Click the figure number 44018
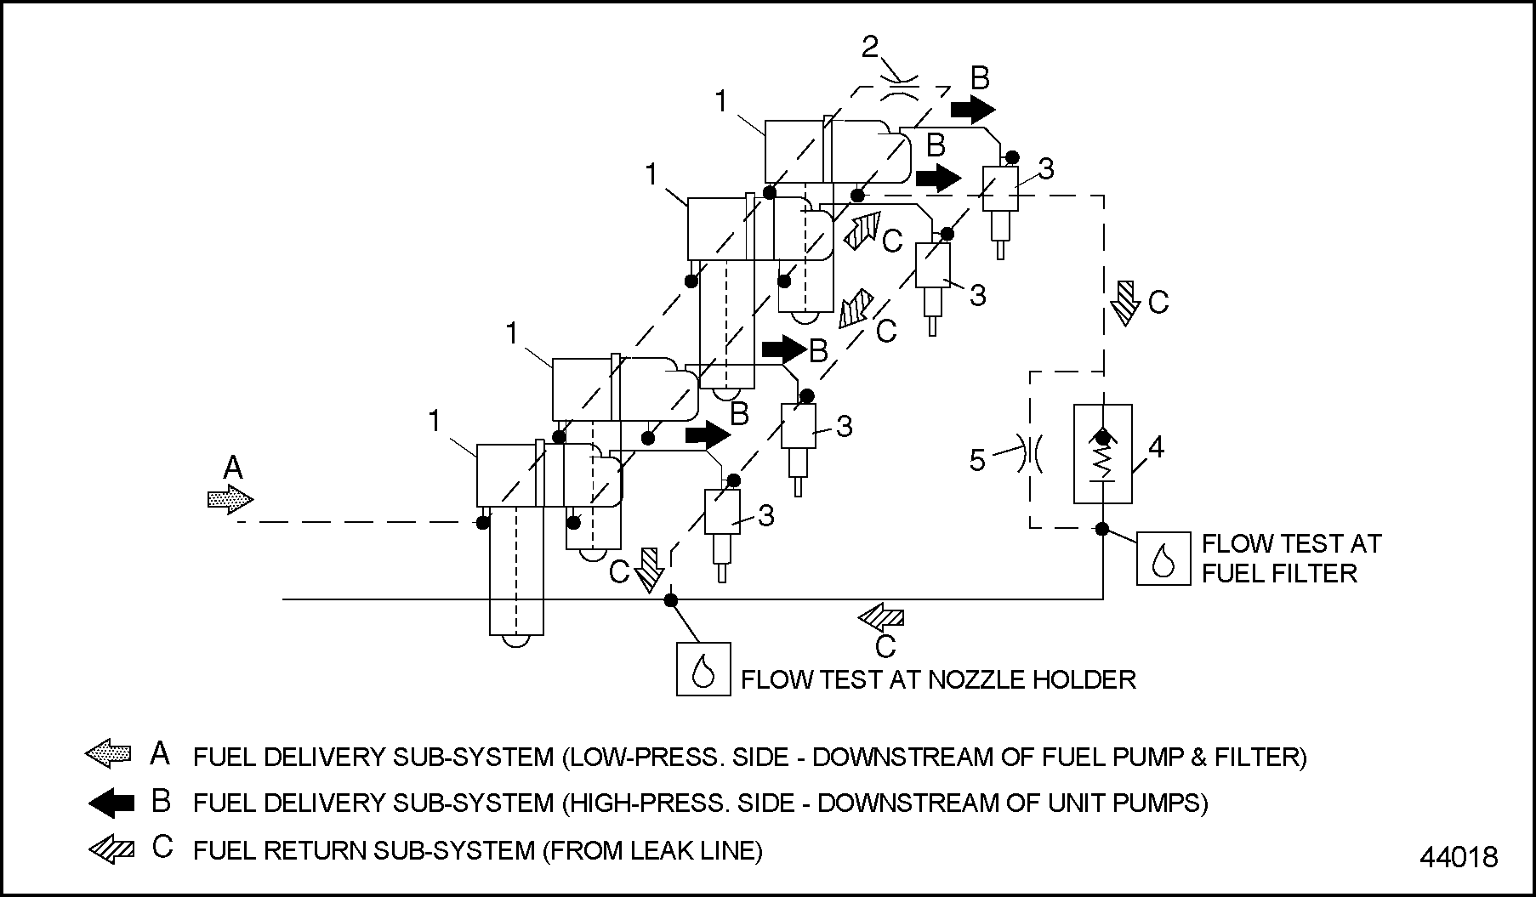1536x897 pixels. pos(1459,856)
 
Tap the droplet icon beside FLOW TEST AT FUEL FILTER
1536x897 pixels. pos(1163,559)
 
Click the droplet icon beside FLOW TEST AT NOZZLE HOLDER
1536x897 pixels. pos(703,669)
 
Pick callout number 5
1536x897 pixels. pos(977,460)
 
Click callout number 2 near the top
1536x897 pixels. pos(869,48)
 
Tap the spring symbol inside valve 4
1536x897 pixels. pos(1102,463)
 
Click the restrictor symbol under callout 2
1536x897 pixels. pos(898,88)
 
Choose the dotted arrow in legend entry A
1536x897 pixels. pos(109,753)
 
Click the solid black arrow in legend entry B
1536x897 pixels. pos(111,802)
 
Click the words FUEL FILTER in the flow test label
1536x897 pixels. pos(1279,573)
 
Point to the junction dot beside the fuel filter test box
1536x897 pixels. pos(1102,529)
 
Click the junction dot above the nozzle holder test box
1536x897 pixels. pos(671,600)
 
